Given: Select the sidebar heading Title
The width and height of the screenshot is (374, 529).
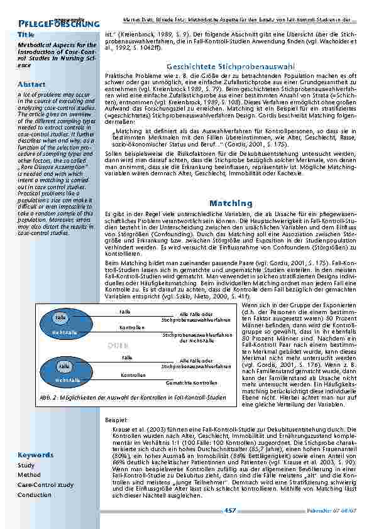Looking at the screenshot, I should [26, 34].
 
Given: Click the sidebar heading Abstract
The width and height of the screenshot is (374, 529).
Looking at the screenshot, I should [31, 84].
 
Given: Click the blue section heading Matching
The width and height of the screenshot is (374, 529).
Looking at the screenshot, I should [230, 204].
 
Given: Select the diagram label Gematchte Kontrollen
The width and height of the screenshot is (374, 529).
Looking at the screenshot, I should [192, 382].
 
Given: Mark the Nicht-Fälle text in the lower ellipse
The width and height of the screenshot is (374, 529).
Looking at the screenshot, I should [65, 381].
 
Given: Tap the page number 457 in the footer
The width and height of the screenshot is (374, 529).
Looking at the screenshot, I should [230, 511].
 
